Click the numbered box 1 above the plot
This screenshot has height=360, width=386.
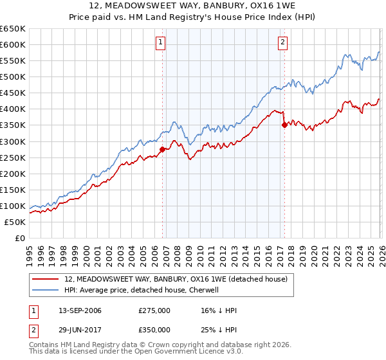tap(160, 43)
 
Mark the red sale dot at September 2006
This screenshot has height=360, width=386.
tap(162, 149)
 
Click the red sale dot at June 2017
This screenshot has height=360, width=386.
tap(284, 125)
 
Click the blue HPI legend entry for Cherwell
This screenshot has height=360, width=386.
tap(142, 290)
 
